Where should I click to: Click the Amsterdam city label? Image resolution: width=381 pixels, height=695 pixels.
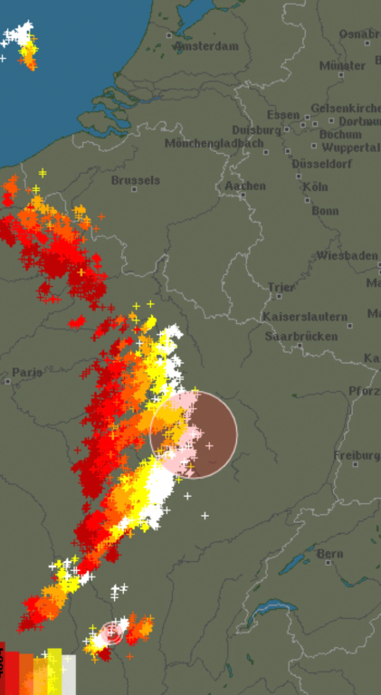click(206, 45)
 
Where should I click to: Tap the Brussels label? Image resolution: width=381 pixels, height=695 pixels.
click(136, 180)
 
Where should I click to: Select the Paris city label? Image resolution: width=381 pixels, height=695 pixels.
click(27, 373)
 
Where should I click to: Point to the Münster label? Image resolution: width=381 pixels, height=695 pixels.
click(342, 66)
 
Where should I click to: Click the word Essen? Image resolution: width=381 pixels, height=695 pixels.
click(283, 115)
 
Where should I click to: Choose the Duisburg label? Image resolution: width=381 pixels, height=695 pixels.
click(256, 130)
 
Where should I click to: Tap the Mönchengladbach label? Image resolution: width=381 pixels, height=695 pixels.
click(214, 144)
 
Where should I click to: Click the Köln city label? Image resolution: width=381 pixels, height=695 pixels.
click(316, 186)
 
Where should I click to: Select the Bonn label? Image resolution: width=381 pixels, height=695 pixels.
click(324, 210)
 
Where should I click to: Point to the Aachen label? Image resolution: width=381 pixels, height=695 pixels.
click(246, 186)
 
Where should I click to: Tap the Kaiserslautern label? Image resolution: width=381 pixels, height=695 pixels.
click(305, 317)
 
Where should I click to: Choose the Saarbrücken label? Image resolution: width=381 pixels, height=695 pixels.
click(301, 337)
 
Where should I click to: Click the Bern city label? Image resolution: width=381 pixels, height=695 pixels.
click(330, 553)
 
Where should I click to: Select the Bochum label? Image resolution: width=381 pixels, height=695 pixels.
click(340, 134)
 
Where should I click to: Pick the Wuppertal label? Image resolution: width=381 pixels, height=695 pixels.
click(351, 147)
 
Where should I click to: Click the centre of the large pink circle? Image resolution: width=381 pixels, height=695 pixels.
click(194, 435)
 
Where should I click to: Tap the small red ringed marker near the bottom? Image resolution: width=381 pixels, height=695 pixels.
click(112, 633)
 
